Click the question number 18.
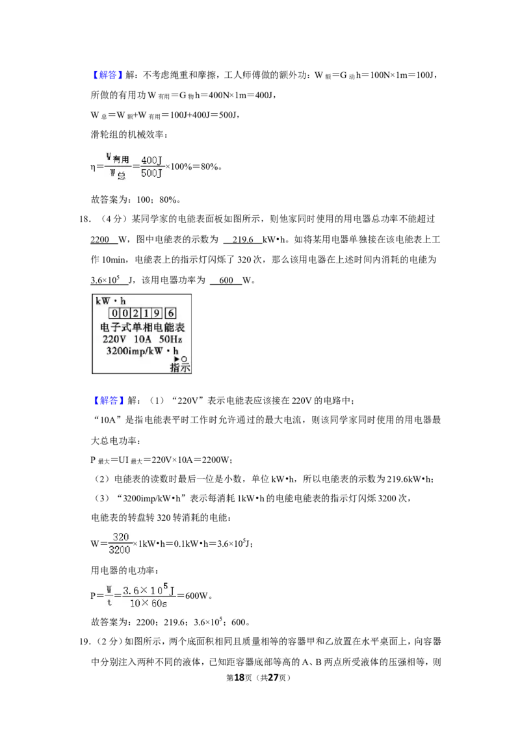point(84,219)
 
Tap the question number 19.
point(84,642)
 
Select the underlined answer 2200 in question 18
point(99,240)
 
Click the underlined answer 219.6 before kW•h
point(242,240)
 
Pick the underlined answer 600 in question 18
point(226,280)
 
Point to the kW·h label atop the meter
point(110,301)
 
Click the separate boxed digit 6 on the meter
point(171,313)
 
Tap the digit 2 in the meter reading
point(135,313)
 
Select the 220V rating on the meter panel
point(114,339)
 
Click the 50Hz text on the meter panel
point(170,339)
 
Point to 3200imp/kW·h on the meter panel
point(142,350)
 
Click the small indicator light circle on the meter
point(184,359)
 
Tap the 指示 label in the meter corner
point(180,367)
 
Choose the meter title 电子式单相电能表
point(142,326)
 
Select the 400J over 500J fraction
point(151,166)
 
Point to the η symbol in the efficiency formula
point(93,168)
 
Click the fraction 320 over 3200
point(120,544)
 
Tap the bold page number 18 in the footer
point(239,677)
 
